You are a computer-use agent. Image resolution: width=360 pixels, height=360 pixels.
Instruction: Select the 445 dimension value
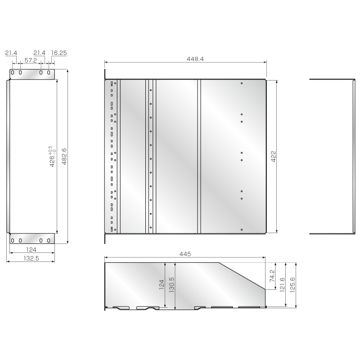tap(185, 254)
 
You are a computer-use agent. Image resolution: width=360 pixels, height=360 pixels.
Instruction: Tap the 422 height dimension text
tap(273, 156)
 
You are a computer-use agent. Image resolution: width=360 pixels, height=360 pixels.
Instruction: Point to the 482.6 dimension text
tap(64, 156)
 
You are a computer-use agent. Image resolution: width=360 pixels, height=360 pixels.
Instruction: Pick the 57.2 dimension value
tap(31, 60)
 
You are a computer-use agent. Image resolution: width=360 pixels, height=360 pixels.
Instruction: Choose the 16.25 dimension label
tap(59, 53)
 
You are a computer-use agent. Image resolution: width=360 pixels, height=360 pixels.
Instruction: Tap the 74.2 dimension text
tap(271, 276)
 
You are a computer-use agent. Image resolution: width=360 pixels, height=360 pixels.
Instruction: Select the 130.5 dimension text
tap(171, 285)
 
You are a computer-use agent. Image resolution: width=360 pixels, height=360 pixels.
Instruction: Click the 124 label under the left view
tap(31, 249)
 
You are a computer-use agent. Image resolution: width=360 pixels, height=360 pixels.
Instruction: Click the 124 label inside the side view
tap(162, 285)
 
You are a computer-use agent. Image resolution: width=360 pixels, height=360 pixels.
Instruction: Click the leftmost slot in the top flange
tap(13, 73)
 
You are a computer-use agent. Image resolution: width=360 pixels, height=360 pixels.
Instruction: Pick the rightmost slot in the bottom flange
tap(47, 240)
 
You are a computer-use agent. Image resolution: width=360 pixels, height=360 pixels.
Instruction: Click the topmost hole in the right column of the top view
tap(242, 83)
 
